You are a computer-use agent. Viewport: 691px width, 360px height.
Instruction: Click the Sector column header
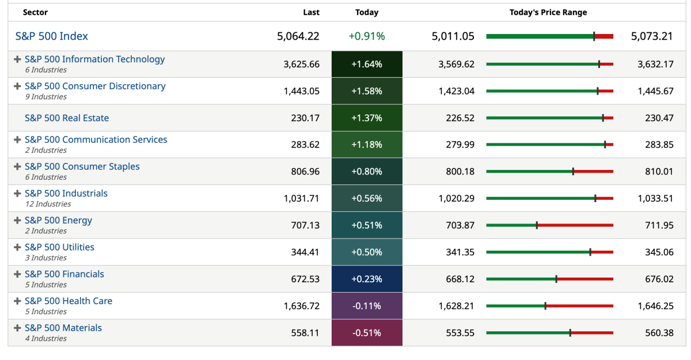coord(35,12)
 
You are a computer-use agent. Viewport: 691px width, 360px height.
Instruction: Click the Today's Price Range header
coord(548,12)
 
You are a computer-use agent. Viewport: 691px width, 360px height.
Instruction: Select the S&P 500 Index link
coord(52,36)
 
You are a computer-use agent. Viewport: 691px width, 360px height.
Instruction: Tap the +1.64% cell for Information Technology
coord(367,64)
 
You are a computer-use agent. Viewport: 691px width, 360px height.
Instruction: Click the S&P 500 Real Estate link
coord(67,118)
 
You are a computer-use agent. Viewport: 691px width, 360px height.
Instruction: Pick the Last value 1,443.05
coord(301,91)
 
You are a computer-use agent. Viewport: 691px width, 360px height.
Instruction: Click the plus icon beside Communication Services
coord(17,140)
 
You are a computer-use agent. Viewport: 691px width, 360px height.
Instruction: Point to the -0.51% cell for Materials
coord(367,333)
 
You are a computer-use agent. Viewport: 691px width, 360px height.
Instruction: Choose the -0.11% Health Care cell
coord(367,306)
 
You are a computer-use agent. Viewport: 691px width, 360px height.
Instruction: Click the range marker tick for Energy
coord(537,225)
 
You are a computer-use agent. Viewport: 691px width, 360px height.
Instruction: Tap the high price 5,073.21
coord(652,36)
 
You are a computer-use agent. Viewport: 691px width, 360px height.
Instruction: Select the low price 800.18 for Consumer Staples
coord(460,172)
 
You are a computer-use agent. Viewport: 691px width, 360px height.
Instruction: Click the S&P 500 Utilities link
coord(59,247)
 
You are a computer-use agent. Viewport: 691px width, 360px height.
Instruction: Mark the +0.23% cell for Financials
coord(367,279)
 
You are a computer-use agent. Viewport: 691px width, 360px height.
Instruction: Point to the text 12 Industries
coord(48,204)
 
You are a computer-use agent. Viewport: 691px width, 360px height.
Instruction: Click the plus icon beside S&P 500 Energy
coord(17,221)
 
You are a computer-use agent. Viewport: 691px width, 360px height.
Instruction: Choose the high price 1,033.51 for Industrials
coord(655,198)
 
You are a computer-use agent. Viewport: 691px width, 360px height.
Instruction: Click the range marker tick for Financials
coord(556,279)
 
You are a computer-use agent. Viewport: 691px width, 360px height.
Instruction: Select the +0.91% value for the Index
coord(367,36)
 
